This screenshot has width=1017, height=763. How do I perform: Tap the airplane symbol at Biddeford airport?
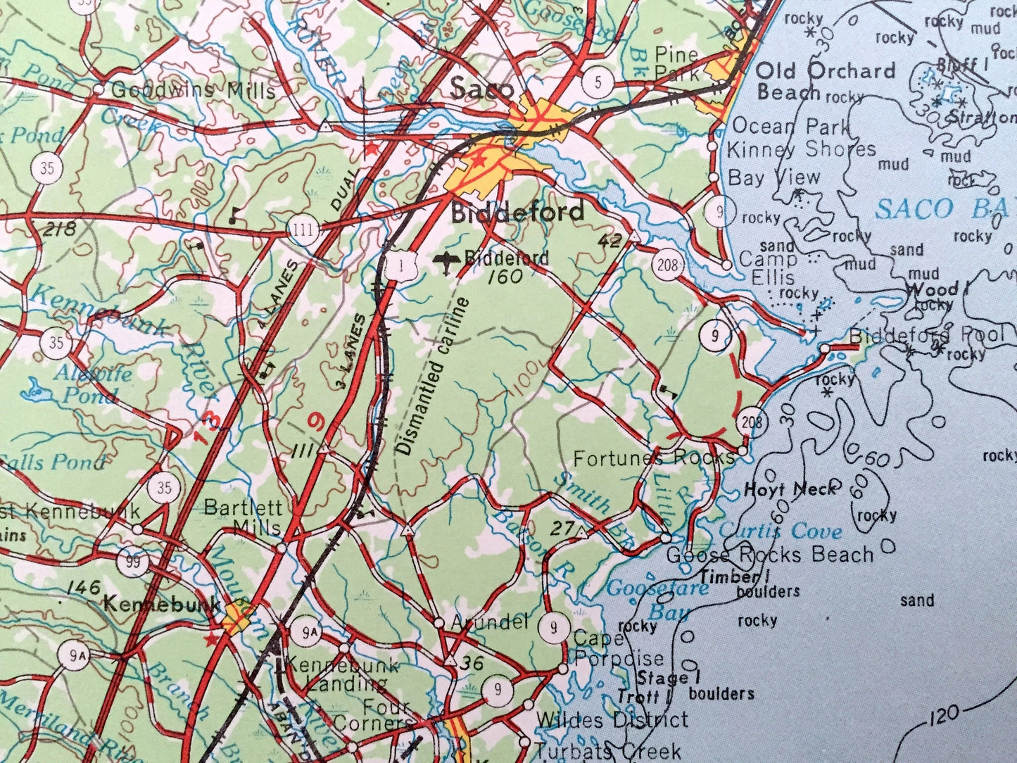coord(446,262)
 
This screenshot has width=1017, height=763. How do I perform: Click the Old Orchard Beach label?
coord(825,81)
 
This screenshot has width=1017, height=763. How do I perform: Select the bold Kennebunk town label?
coord(156,603)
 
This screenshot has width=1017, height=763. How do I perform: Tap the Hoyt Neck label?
coord(790,489)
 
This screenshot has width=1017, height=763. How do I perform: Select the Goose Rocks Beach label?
coord(769,555)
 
